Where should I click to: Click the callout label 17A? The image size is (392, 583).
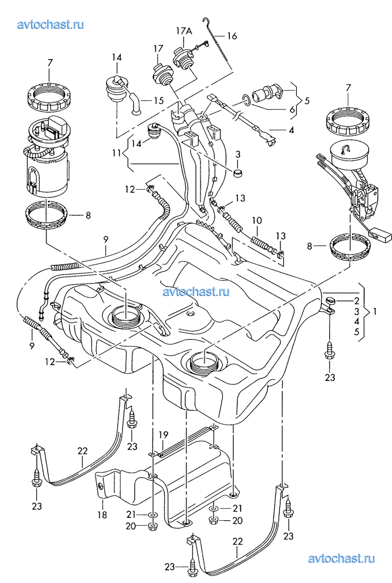click(x=185, y=31)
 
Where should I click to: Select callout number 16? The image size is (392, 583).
click(x=232, y=36)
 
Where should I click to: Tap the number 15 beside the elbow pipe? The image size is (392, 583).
click(x=159, y=101)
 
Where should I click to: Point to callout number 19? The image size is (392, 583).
click(x=163, y=435)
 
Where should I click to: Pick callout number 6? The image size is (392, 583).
click(x=292, y=110)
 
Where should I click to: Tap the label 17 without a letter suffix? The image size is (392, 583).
click(x=157, y=49)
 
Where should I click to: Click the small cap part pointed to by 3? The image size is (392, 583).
click(x=238, y=172)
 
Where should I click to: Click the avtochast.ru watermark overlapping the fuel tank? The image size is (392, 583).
click(x=195, y=292)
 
